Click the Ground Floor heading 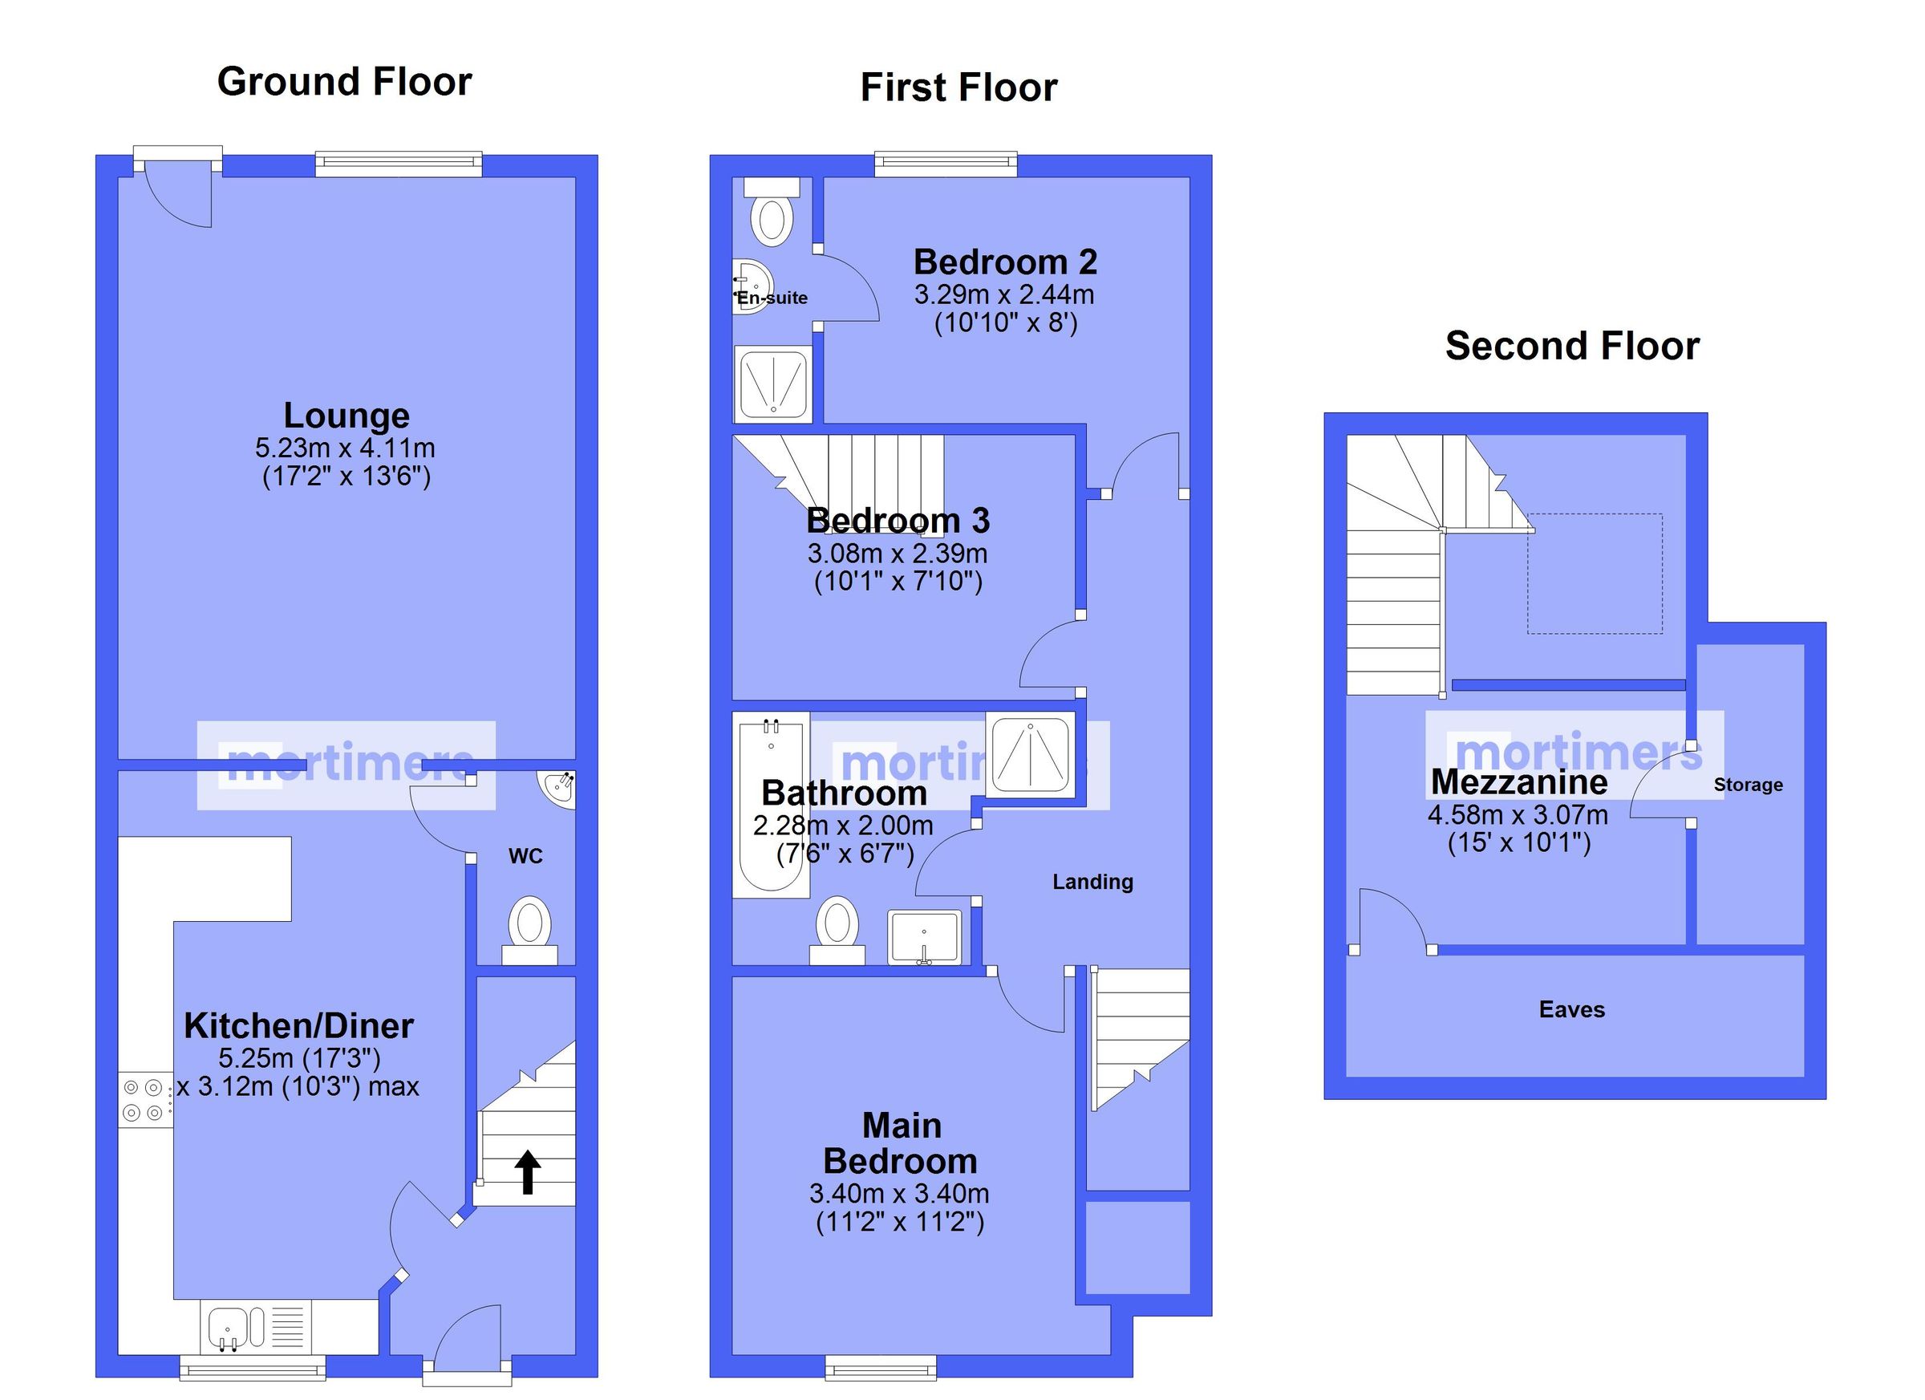tap(344, 82)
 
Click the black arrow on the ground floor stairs tap(528, 1171)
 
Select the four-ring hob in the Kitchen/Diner tap(143, 1099)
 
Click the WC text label tap(525, 856)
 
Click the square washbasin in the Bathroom tap(924, 937)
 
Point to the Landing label tap(1092, 882)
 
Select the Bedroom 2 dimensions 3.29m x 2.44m tap(1004, 294)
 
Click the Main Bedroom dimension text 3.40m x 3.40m tap(899, 1194)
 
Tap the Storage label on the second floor tap(1748, 785)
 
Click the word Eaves tap(1571, 1009)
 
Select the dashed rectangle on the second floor tap(1594, 573)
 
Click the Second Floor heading tap(1572, 346)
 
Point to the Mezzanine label tap(1518, 781)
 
